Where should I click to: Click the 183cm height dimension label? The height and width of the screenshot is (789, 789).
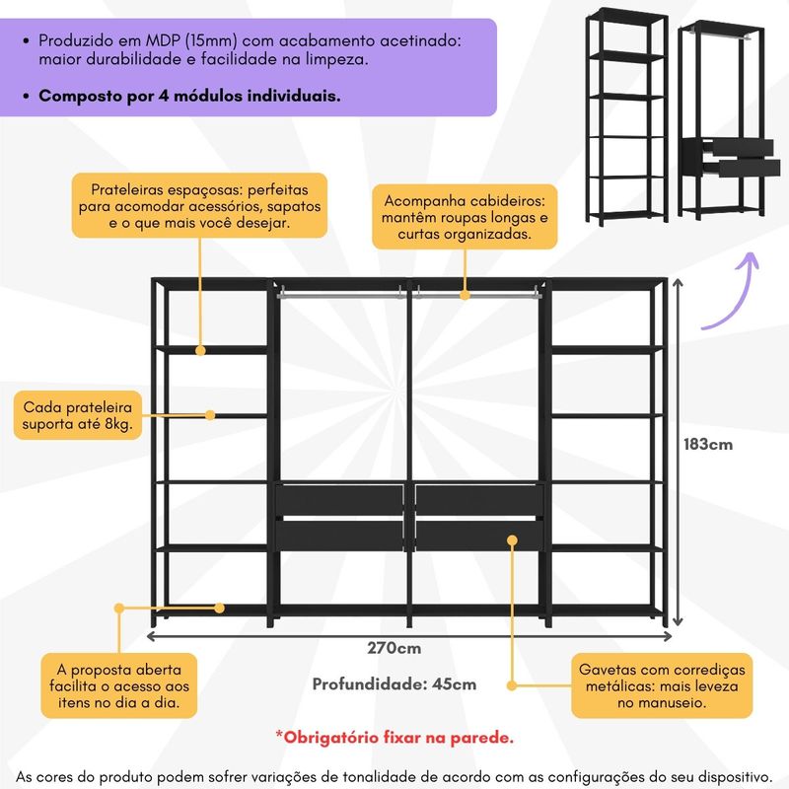coord(708,444)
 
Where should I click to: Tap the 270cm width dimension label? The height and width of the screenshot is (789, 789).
coord(394,648)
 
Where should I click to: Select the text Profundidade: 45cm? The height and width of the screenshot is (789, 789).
coord(394,683)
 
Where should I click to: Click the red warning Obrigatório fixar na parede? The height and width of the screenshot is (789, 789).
coord(394,736)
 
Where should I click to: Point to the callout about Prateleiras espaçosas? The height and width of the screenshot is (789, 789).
coord(199,205)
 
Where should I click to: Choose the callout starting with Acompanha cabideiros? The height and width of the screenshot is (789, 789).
coord(465,217)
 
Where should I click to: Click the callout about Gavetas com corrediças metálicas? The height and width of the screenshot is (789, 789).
coord(662,685)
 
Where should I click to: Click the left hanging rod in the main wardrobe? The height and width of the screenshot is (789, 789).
coord(340,292)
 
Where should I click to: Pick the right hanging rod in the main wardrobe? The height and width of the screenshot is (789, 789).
coord(477,292)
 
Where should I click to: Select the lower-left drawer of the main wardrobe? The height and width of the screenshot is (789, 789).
coord(340,534)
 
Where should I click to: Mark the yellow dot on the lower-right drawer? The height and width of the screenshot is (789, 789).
coord(512,538)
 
